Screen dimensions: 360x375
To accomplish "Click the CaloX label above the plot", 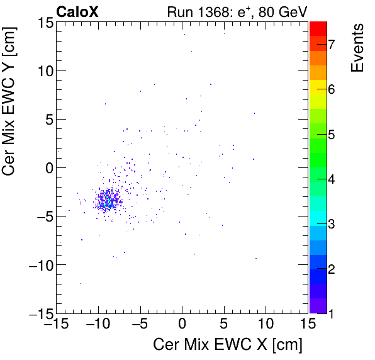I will pyautogui.click(x=77, y=11).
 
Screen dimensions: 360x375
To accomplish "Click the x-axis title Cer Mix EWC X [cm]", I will pyautogui.click(x=228, y=345).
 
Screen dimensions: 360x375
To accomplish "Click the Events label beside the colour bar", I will pyautogui.click(x=357, y=48).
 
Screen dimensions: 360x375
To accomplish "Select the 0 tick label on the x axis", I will pyautogui.click(x=182, y=325).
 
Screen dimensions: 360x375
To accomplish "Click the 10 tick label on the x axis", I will pyautogui.click(x=266, y=325).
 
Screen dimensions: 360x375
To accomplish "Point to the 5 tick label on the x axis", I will pyautogui.click(x=224, y=325).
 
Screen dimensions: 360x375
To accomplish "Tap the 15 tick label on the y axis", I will pyautogui.click(x=44, y=23).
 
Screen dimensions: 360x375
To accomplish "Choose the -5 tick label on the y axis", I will pyautogui.click(x=41, y=217).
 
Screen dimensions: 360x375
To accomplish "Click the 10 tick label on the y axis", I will pyautogui.click(x=44, y=71).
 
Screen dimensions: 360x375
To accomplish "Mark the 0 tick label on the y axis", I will pyautogui.click(x=48, y=168).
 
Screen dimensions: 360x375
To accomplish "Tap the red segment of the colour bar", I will pyautogui.click(x=318, y=28).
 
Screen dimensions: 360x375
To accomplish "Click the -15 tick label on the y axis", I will pyautogui.click(x=41, y=313).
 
